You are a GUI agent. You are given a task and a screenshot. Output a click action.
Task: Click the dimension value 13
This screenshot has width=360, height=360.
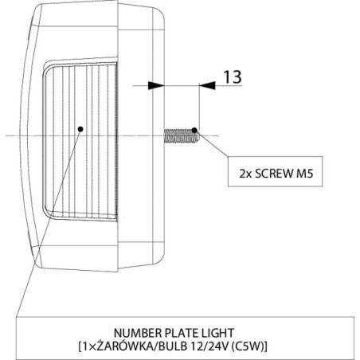(233, 77)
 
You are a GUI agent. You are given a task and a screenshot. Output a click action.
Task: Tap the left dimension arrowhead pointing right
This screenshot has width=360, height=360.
(156, 85)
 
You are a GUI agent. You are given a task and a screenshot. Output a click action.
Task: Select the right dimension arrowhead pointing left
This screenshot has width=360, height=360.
(207, 85)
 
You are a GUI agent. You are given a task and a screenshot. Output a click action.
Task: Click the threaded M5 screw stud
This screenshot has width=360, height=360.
(182, 136)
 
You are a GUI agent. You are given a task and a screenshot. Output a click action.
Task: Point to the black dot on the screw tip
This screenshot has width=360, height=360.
(194, 130)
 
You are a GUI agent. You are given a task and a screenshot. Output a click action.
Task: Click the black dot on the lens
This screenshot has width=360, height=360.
(80, 129)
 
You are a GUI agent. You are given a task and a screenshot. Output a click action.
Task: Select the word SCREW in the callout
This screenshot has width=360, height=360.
(274, 174)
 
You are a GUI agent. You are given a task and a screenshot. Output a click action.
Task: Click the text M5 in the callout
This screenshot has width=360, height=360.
(305, 174)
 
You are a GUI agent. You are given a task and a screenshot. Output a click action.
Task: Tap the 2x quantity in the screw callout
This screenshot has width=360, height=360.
(245, 174)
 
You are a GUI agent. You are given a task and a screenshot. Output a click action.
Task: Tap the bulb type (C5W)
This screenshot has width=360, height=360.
(248, 346)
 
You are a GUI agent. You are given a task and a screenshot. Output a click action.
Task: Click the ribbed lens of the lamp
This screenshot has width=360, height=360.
(80, 141)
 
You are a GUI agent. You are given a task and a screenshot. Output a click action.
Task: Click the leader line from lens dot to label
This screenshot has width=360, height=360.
(49, 223)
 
